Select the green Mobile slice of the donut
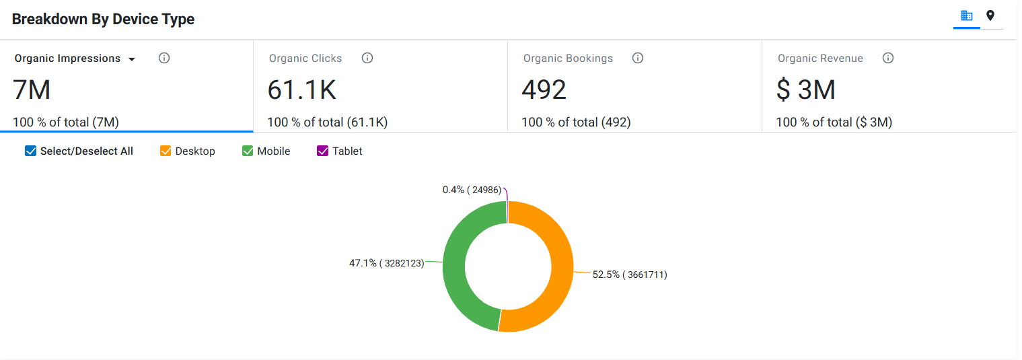pos(454,264)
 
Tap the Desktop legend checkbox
pos(165,151)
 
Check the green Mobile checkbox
pos(248,151)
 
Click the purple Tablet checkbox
pos(322,151)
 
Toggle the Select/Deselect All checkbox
pos(30,151)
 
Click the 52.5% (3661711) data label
pos(630,275)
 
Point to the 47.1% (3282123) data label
pos(386,263)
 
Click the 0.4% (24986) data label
pos(472,190)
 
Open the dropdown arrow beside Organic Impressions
pos(132,59)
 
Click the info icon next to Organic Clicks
pos(367,58)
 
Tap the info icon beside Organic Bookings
pos(638,58)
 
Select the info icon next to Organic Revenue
pos(888,58)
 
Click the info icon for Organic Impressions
pos(164,58)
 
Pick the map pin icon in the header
pos(990,16)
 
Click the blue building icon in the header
pos(966,16)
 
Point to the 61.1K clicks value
pos(301,89)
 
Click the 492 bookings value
pos(544,89)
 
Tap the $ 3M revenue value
pos(806,89)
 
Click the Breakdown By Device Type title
pos(103,19)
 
